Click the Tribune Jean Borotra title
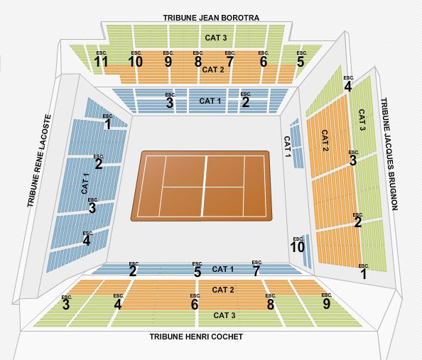(x=211, y=18)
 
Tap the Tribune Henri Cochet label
(x=196, y=337)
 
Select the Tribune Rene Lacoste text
(x=39, y=160)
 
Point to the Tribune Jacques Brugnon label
(x=389, y=154)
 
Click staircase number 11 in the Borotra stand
(x=101, y=62)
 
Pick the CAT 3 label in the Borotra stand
(x=216, y=38)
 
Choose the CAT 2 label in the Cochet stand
(x=223, y=290)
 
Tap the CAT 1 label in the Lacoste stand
(x=85, y=183)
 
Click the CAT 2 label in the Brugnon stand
(x=325, y=141)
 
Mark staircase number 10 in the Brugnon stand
(x=298, y=247)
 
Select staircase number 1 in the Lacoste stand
(x=108, y=124)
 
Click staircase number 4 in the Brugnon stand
(x=348, y=87)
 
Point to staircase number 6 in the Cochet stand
(x=195, y=305)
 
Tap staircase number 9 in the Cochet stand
(x=327, y=304)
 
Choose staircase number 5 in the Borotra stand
(x=301, y=62)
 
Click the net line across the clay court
(x=204, y=186)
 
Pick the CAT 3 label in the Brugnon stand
(x=362, y=120)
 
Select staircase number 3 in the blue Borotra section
(x=170, y=103)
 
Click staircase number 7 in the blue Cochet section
(x=256, y=271)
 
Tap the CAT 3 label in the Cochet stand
(x=224, y=315)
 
